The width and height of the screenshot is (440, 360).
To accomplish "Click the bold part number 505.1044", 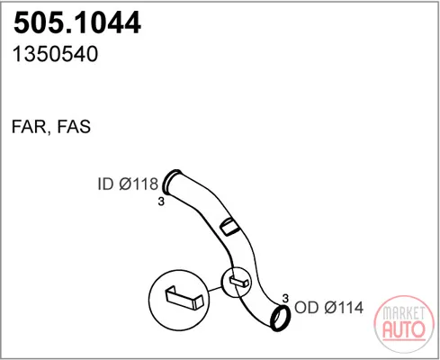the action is (x=77, y=22).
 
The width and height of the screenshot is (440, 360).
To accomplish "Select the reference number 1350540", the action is (x=56, y=54).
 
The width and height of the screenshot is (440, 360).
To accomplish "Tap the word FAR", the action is (x=29, y=127).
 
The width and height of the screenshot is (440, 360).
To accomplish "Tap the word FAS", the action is (x=74, y=126).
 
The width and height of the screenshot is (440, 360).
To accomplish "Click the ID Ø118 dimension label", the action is (x=128, y=184).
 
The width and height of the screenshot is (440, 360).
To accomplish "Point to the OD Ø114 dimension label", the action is (x=328, y=307).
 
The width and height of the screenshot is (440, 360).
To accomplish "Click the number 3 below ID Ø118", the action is (x=161, y=202).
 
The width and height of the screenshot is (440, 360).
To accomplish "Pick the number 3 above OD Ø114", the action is (x=285, y=298).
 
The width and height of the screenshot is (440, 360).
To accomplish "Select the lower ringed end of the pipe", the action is (x=281, y=318).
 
